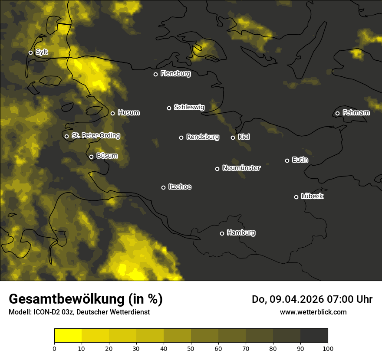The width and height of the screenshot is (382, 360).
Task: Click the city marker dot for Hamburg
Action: [x=222, y=233]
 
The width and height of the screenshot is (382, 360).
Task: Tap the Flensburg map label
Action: [x=175, y=74]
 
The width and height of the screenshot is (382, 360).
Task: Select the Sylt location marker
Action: [x=30, y=52]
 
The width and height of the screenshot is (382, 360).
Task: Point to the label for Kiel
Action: [x=244, y=137]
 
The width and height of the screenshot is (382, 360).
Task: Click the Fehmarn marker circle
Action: [x=337, y=113]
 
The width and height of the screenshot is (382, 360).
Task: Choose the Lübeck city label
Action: [x=312, y=196]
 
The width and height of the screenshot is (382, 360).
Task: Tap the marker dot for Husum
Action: [x=112, y=113]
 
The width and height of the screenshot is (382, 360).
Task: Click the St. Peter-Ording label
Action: [x=95, y=136]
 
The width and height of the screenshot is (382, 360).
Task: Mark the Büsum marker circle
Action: [x=91, y=157]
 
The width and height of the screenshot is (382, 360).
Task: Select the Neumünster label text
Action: [x=241, y=168]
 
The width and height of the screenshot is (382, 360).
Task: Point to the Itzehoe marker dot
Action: [x=163, y=187]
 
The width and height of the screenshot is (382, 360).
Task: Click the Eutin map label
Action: [x=300, y=160]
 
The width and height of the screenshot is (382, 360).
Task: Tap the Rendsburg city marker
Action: [x=181, y=137]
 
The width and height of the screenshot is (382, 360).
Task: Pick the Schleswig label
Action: [x=189, y=107]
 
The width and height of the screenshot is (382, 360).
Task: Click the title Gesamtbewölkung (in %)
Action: [x=86, y=299]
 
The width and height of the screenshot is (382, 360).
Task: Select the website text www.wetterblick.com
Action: [x=313, y=312]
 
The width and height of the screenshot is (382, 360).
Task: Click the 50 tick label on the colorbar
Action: [x=191, y=348]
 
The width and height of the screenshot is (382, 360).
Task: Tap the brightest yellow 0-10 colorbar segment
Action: [x=68, y=335]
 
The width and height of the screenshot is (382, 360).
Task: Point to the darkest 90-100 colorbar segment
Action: [x=314, y=335]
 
